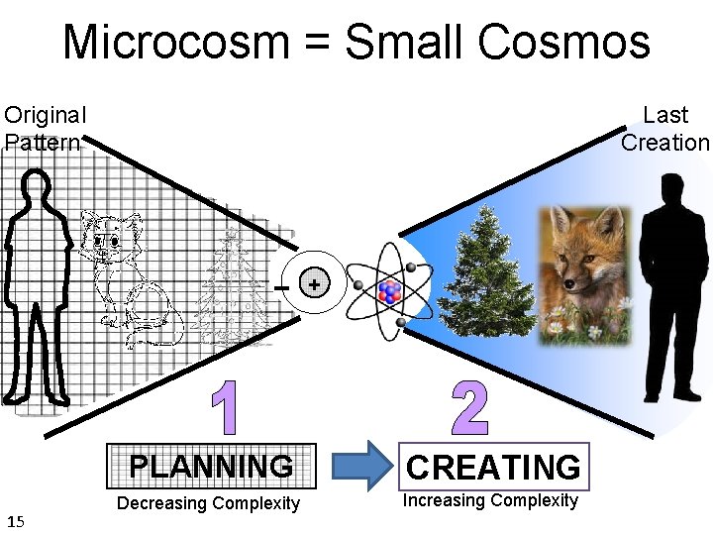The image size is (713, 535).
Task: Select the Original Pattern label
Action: [45, 129]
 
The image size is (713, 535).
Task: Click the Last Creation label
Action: [665, 129]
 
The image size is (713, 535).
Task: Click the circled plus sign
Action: [314, 285]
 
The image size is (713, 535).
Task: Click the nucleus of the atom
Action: [389, 292]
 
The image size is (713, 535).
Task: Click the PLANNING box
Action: [211, 466]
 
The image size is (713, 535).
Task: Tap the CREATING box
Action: [494, 467]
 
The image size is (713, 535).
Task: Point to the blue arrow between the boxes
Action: [358, 467]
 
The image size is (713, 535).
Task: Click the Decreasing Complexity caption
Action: [208, 503]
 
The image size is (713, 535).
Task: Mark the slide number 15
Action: [16, 521]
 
